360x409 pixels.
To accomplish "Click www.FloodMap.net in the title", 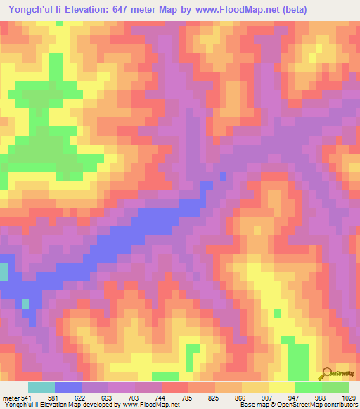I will (x=250, y=11).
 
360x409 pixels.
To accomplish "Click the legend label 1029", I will (x=349, y=397).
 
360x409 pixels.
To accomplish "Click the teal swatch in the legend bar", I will (x=41, y=387).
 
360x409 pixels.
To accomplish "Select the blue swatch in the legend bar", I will (x=67, y=387).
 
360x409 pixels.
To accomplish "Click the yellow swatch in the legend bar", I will (x=281, y=387).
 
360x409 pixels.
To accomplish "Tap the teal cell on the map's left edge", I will (x=4, y=272).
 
